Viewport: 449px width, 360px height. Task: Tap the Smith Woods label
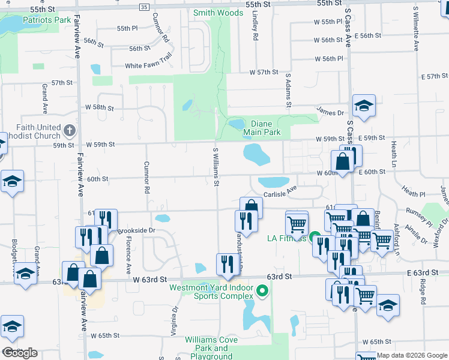[218, 12]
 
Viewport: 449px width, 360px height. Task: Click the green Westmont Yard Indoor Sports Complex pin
[262, 292]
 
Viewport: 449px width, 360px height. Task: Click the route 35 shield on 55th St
[143, 7]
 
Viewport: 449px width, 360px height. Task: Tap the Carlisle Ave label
[280, 191]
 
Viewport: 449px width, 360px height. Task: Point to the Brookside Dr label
[136, 230]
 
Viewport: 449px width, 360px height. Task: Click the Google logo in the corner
[20, 353]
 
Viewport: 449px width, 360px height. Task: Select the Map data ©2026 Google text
[412, 355]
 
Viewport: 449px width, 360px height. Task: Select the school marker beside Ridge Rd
[388, 306]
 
